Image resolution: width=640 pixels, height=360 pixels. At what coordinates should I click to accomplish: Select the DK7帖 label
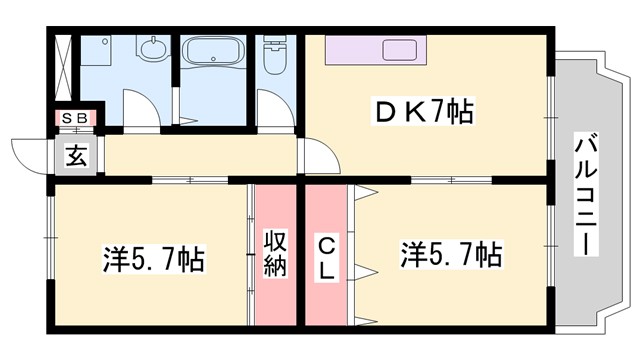coord(424,111)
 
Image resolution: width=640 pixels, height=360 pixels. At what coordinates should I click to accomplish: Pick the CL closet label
coord(326,257)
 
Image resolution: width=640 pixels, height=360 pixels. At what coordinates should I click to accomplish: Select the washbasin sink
coord(153,51)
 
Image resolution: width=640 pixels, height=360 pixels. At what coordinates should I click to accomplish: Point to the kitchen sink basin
coord(402,50)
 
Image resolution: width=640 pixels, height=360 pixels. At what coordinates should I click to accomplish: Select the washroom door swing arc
coord(138,108)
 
